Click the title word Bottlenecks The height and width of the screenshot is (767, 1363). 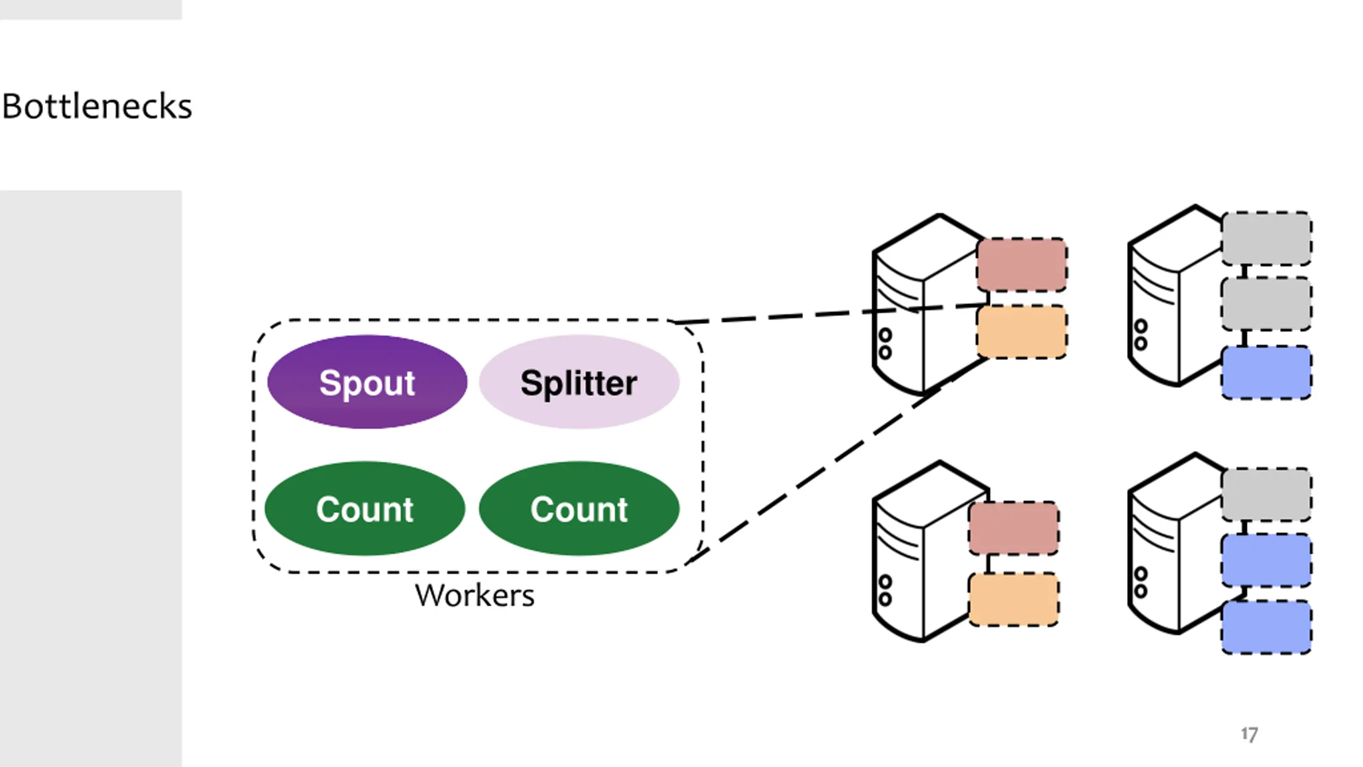tap(97, 106)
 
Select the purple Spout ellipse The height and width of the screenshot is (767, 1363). tap(367, 382)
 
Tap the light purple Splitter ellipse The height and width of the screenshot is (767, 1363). tap(579, 382)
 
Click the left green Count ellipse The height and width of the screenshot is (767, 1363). tap(365, 509)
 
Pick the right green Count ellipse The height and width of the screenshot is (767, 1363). tap(579, 509)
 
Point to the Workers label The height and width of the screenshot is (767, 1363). tap(474, 595)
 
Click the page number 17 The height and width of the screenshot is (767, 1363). tap(1249, 735)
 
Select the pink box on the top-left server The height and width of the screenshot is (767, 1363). tap(1022, 265)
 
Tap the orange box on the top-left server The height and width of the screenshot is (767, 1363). tap(1022, 332)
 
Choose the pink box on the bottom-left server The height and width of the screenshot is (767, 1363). tap(1014, 528)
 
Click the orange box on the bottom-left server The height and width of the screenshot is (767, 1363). tap(1014, 599)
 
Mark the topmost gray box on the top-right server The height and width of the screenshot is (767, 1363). tap(1266, 238)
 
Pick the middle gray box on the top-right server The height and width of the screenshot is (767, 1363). tap(1266, 304)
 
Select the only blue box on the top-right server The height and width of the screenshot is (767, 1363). tap(1266, 372)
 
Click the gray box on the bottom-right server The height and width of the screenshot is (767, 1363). tap(1266, 494)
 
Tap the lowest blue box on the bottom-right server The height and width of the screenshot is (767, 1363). tap(1266, 627)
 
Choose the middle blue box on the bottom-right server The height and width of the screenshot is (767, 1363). tap(1266, 560)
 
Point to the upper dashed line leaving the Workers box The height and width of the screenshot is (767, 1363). tap(831, 313)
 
